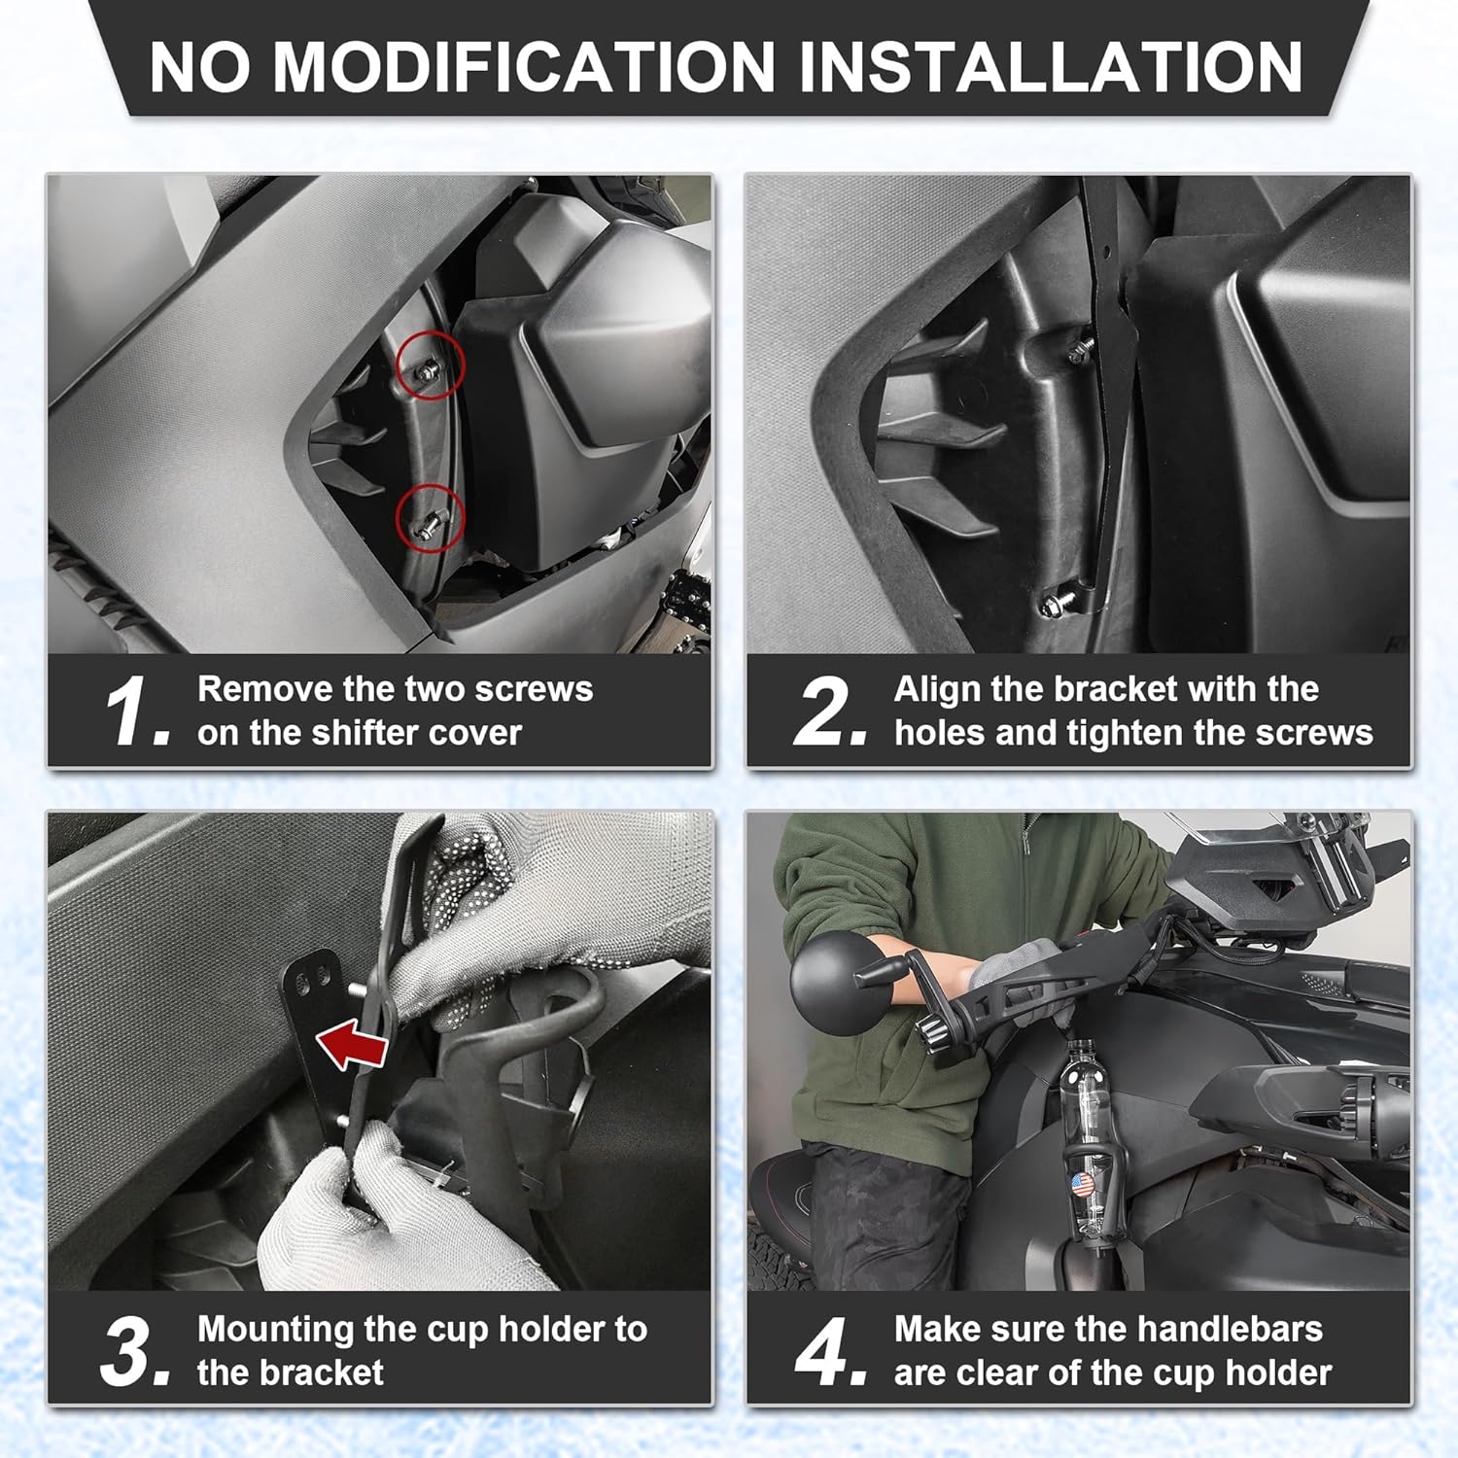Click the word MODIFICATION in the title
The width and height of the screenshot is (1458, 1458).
(x=524, y=67)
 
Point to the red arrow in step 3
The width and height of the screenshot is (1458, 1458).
(x=352, y=1044)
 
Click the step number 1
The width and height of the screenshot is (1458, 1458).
(x=136, y=712)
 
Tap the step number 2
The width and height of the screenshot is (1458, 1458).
(x=829, y=712)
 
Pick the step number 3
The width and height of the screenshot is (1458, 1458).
(x=135, y=1351)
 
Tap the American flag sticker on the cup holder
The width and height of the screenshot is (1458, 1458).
(x=1082, y=1185)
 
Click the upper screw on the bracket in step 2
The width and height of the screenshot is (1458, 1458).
(x=1079, y=351)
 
